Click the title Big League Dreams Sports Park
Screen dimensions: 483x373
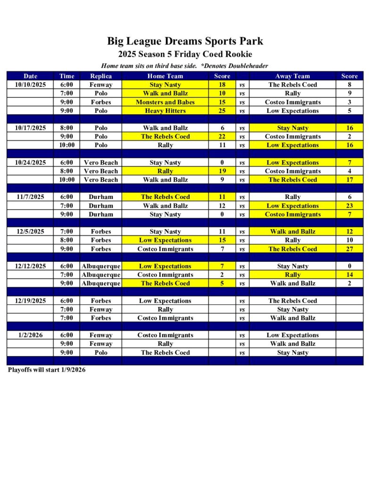(x=185, y=41)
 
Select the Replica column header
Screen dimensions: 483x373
(x=100, y=76)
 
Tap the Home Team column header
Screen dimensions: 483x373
(x=165, y=76)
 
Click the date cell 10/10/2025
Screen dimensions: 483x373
(x=30, y=85)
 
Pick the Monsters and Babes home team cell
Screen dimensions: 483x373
(x=165, y=102)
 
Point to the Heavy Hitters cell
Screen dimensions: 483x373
(x=165, y=111)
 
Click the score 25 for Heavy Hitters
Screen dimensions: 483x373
(x=222, y=111)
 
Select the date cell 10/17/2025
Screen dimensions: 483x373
(x=30, y=128)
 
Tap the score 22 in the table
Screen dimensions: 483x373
(x=222, y=136)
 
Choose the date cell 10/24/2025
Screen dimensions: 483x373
(x=30, y=163)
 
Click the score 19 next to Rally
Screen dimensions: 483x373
(x=222, y=171)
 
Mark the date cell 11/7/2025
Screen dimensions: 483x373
(x=30, y=197)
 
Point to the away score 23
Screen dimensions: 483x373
(x=349, y=206)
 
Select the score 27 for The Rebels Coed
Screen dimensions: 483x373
(x=349, y=249)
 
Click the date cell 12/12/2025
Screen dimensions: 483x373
(x=30, y=266)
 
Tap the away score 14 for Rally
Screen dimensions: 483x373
(x=349, y=275)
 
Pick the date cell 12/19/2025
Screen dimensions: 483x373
(x=30, y=301)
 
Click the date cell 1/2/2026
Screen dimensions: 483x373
(x=30, y=335)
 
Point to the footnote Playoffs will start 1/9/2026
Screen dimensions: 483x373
(x=47, y=370)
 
